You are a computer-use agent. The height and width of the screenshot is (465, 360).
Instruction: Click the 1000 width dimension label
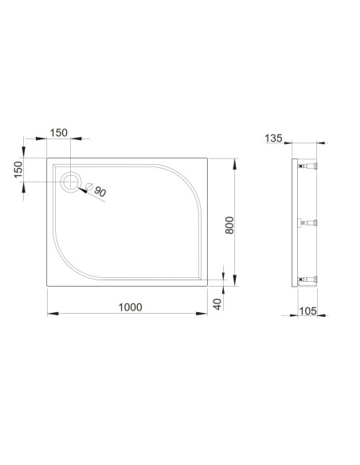[130, 307]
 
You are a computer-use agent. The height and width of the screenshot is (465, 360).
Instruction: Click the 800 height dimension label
[229, 225]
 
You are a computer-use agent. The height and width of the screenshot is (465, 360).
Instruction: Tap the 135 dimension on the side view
[273, 139]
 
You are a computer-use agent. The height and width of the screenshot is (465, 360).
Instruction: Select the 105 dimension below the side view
[307, 311]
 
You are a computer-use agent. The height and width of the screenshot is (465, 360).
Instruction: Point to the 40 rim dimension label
[217, 304]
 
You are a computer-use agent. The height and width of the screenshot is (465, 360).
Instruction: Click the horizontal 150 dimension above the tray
[58, 132]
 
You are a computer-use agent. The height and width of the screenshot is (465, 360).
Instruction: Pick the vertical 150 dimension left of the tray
[18, 170]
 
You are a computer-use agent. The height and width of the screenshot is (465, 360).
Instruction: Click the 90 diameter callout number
[100, 192]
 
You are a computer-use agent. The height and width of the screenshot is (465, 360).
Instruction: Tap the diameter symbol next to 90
[89, 186]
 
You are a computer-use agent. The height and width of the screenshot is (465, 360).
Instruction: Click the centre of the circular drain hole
[71, 182]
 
